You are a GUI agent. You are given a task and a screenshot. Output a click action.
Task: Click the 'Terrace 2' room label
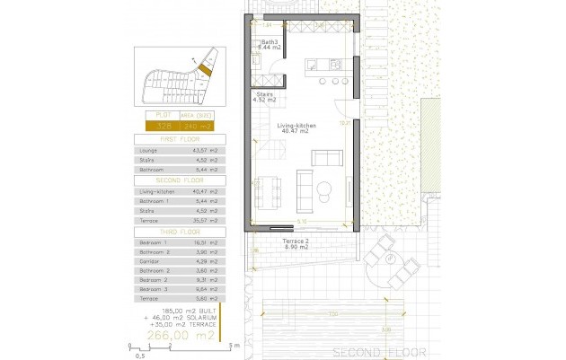pos(297,244)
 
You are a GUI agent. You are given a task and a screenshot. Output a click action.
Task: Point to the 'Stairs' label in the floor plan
pos(265,93)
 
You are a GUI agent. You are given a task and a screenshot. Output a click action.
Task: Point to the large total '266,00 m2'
pos(183,334)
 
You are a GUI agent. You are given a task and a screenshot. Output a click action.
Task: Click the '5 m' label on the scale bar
pos(233,345)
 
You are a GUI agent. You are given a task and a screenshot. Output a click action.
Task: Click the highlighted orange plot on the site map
pos(204,68)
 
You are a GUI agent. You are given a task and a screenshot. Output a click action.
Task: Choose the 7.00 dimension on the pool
pos(332,312)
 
